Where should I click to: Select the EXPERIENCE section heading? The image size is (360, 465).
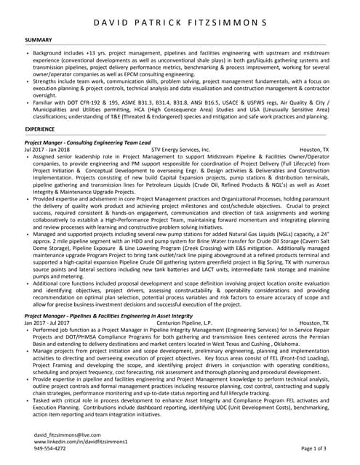click(x=40, y=128)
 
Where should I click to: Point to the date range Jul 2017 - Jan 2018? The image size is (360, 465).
click(x=47, y=150)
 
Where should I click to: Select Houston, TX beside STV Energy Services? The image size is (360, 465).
click(x=313, y=150)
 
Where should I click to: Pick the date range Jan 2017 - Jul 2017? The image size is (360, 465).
click(x=47, y=323)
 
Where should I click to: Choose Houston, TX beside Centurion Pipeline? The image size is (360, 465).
click(x=313, y=323)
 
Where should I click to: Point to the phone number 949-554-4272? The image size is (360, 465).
click(x=50, y=448)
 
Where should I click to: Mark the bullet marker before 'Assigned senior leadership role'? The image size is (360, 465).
click(x=27, y=156)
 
